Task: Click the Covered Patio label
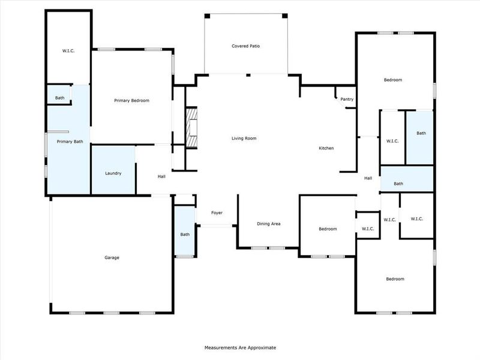pyautogui.click(x=246, y=46)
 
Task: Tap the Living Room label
pyautogui.click(x=244, y=139)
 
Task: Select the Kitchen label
pyautogui.click(x=326, y=148)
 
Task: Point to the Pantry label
pyautogui.click(x=347, y=99)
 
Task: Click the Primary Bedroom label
pyautogui.click(x=131, y=101)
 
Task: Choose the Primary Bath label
pyautogui.click(x=70, y=142)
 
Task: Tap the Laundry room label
pyautogui.click(x=113, y=173)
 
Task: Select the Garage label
pyautogui.click(x=112, y=257)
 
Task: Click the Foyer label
pyautogui.click(x=217, y=213)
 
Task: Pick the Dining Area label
pyautogui.click(x=269, y=224)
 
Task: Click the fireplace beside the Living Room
pyautogui.click(x=191, y=128)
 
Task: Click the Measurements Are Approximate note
pyautogui.click(x=240, y=347)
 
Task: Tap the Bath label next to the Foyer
pyautogui.click(x=185, y=234)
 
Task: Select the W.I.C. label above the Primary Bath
pyautogui.click(x=68, y=50)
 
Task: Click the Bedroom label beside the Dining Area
pyautogui.click(x=328, y=229)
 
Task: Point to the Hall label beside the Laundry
pyautogui.click(x=161, y=176)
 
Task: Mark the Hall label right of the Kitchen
pyautogui.click(x=368, y=178)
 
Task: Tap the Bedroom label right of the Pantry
pyautogui.click(x=393, y=80)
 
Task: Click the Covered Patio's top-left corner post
pyautogui.click(x=206, y=16)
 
